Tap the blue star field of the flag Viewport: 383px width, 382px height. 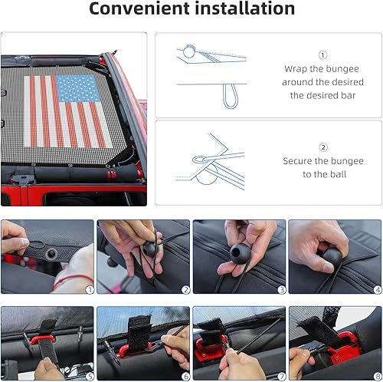pyautogui.click(x=79, y=90)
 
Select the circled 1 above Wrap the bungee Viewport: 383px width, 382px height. pyautogui.click(x=322, y=54)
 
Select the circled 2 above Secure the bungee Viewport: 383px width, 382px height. pyautogui.click(x=322, y=147)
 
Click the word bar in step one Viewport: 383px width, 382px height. pyautogui.click(x=357, y=96)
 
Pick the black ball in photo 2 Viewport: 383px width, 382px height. pyautogui.click(x=150, y=249)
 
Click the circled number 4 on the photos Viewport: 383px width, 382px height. pyautogui.click(x=377, y=289)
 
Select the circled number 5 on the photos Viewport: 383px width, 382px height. pyautogui.click(x=89, y=377)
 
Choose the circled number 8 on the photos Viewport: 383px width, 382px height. pyautogui.click(x=377, y=377)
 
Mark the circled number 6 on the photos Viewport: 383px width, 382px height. pyautogui.click(x=185, y=377)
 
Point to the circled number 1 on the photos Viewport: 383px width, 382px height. pyautogui.click(x=89, y=289)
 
